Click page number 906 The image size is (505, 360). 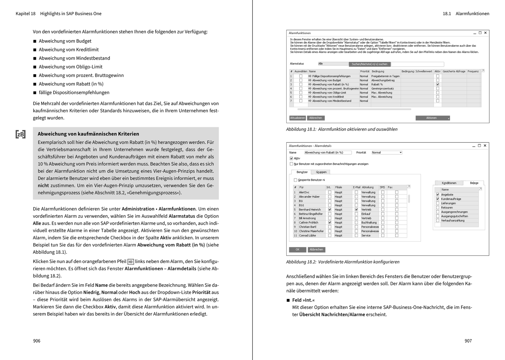click(37, 341)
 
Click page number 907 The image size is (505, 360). click(468, 341)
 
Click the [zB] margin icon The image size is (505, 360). click(21, 134)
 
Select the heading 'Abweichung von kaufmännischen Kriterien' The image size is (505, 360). click(88, 134)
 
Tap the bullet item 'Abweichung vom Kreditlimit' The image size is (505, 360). click(68, 50)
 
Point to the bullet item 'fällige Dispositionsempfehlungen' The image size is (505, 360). click(74, 93)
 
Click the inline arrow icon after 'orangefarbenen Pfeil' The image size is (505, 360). click(131, 262)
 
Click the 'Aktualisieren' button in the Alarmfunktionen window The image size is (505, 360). click(298, 118)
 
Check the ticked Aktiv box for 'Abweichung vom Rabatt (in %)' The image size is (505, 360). click(437, 84)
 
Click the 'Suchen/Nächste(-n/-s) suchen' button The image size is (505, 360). click(369, 64)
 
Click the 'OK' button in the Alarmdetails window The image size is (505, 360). click(297, 249)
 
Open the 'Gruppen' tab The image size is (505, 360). click(321, 172)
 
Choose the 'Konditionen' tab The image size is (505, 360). click(449, 183)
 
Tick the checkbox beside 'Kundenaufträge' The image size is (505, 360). click(437, 199)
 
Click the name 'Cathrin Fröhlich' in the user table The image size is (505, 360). click(308, 223)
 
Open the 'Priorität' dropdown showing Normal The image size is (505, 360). click(387, 153)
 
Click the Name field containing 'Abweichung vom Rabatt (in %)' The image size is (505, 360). click(328, 153)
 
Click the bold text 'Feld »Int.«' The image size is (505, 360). click(303, 300)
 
